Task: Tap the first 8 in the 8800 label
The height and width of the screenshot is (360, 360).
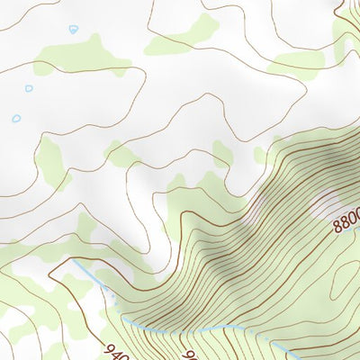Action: [337, 226]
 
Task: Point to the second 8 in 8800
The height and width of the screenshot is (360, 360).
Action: [343, 222]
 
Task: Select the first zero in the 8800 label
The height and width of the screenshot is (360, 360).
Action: [349, 218]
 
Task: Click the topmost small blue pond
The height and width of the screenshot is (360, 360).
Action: [73, 29]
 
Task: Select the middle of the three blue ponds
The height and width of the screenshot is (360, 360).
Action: [29, 88]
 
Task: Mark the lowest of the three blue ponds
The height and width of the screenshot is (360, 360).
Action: [16, 118]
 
